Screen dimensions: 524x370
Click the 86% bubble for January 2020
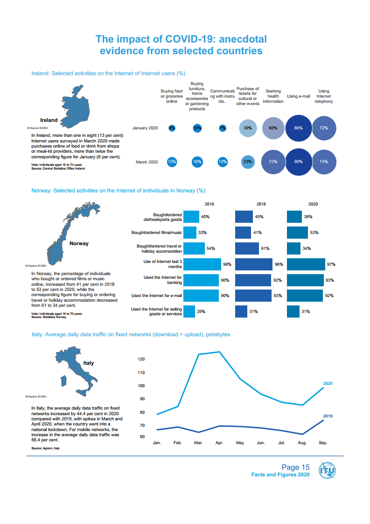pyautogui.click(x=299, y=128)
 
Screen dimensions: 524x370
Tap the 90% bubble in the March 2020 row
pyautogui.click(x=299, y=162)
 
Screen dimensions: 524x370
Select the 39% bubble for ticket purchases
pyautogui.click(x=248, y=128)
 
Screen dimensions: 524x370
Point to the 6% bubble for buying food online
pyautogui.click(x=172, y=128)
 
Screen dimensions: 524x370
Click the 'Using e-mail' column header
pyautogui.click(x=299, y=96)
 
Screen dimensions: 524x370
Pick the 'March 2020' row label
pyautogui.click(x=147, y=162)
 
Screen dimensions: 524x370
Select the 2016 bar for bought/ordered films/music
pyautogui.click(x=190, y=233)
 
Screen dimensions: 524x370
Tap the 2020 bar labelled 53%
pyautogui.click(x=297, y=233)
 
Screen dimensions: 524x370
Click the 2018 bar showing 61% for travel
pyautogui.click(x=247, y=248)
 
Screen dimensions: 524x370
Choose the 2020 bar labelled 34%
pyautogui.click(x=293, y=248)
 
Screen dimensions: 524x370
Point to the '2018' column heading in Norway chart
pyautogui.click(x=261, y=204)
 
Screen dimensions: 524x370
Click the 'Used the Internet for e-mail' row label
pyautogui.click(x=156, y=296)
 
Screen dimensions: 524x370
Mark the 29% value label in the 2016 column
pyautogui.click(x=201, y=312)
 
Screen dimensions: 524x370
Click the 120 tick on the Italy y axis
pyautogui.click(x=142, y=359)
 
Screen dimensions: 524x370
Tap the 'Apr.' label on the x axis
pyautogui.click(x=219, y=443)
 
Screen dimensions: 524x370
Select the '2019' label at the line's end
pyautogui.click(x=328, y=416)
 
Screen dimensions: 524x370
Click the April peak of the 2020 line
pyautogui.click(x=219, y=352)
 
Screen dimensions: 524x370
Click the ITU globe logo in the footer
pyautogui.click(x=327, y=470)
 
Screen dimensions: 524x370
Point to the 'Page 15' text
pyautogui.click(x=295, y=467)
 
